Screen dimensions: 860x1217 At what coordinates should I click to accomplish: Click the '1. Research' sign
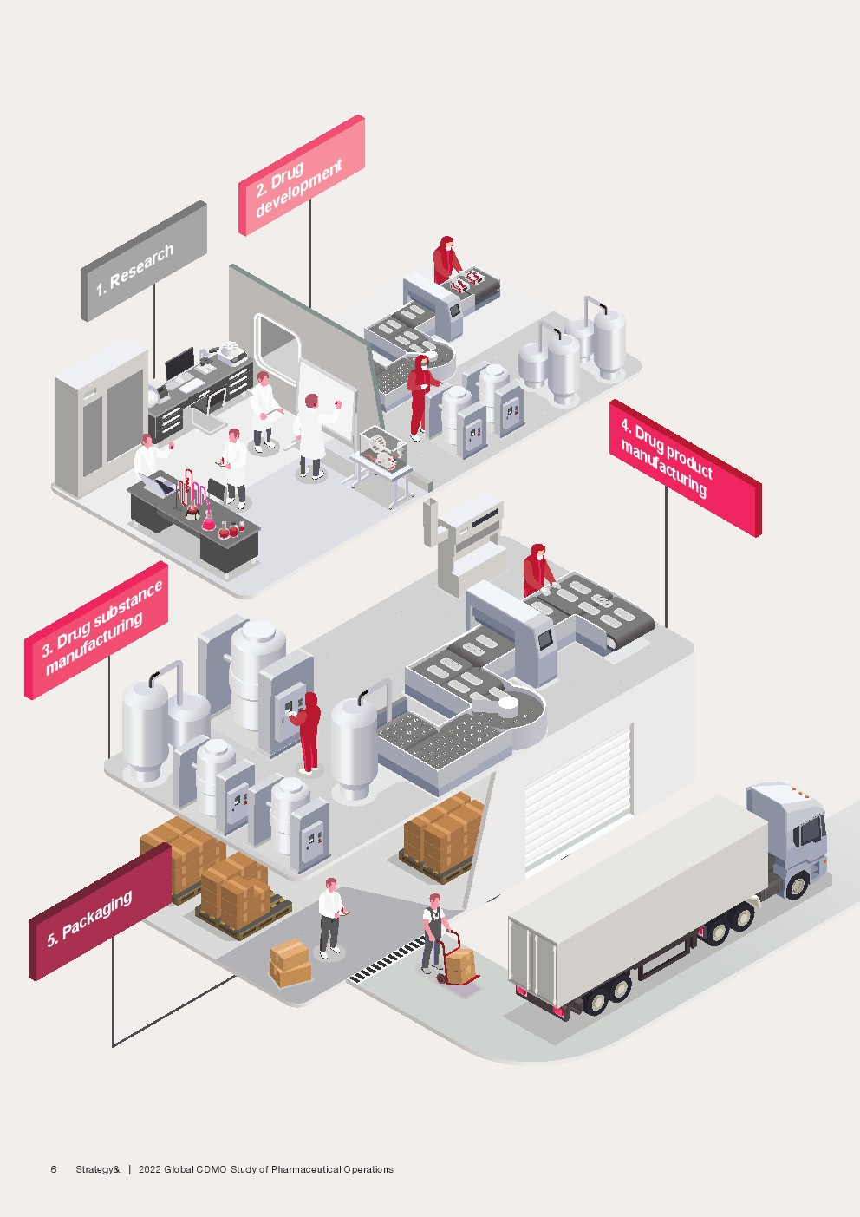pyautogui.click(x=144, y=261)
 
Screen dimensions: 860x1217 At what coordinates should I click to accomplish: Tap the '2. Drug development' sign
pyautogui.click(x=302, y=175)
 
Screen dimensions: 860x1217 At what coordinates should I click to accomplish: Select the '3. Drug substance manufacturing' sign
pyautogui.click(x=96, y=631)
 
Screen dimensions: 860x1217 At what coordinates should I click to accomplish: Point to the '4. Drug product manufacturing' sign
pyautogui.click(x=685, y=468)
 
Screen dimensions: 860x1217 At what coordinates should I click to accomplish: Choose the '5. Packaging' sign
pyautogui.click(x=100, y=913)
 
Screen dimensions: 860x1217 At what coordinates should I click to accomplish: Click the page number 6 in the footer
pyautogui.click(x=53, y=1169)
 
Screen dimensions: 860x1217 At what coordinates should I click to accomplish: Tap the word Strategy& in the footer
pyautogui.click(x=98, y=1169)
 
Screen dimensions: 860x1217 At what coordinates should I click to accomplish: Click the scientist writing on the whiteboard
pyautogui.click(x=315, y=435)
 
